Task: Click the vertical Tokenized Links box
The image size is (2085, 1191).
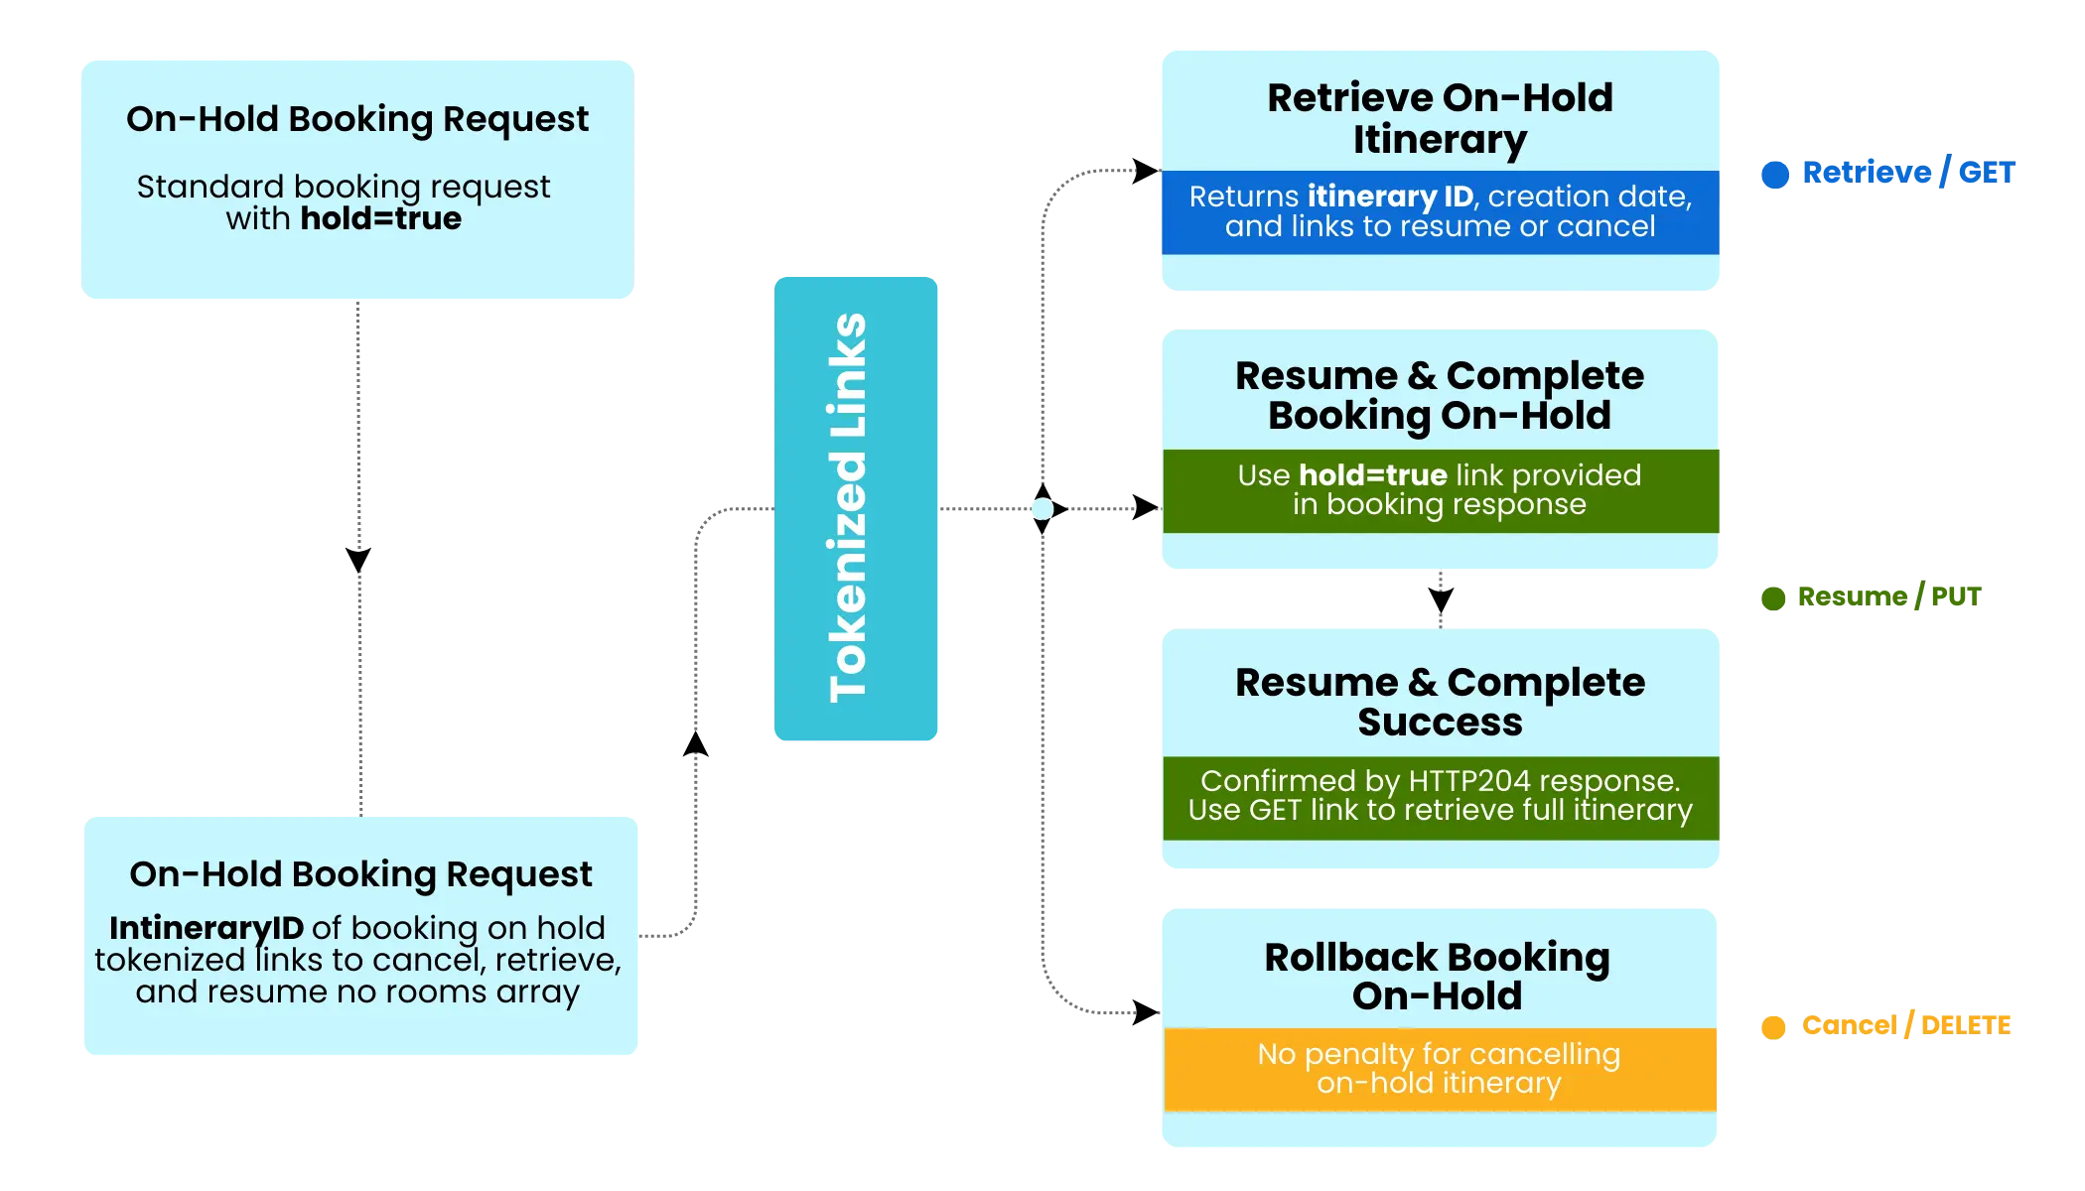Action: pyautogui.click(x=856, y=508)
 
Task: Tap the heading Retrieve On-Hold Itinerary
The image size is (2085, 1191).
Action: pyautogui.click(x=1440, y=118)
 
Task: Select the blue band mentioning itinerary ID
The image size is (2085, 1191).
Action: pyautogui.click(x=1440, y=211)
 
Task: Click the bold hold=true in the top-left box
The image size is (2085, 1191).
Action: pyautogui.click(x=380, y=218)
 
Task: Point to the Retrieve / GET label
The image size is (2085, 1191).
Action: pyautogui.click(x=1907, y=172)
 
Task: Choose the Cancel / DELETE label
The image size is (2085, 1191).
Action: pyautogui.click(x=1907, y=1024)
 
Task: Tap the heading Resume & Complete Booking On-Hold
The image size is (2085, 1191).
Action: pyautogui.click(x=1440, y=395)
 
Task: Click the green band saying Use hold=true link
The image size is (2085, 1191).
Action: pyautogui.click(x=1440, y=490)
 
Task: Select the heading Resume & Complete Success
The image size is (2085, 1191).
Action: pyautogui.click(x=1440, y=702)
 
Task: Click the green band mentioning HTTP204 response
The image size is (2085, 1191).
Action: pyautogui.click(x=1440, y=796)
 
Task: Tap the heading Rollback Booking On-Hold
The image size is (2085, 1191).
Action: pyautogui.click(x=1438, y=977)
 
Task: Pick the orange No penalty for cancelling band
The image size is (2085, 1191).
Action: pyautogui.click(x=1440, y=1068)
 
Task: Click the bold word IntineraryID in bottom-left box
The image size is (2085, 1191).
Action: pyautogui.click(x=207, y=928)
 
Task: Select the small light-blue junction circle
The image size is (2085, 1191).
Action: pyautogui.click(x=1042, y=509)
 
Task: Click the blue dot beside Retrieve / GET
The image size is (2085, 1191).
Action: pyautogui.click(x=1774, y=174)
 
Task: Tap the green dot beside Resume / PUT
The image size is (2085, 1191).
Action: pyautogui.click(x=1771, y=597)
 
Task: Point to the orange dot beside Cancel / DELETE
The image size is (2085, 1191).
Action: pyautogui.click(x=1771, y=1025)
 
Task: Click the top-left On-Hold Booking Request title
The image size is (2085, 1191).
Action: pyautogui.click(x=357, y=119)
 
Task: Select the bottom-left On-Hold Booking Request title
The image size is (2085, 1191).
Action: pyautogui.click(x=360, y=874)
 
